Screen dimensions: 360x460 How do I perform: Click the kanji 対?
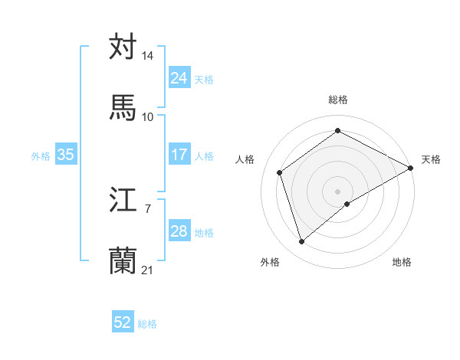pos(123,47)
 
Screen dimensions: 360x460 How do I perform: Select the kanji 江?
pos(123,201)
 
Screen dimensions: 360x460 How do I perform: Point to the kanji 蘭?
pos(123,261)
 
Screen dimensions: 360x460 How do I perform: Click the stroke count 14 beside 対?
pos(148,57)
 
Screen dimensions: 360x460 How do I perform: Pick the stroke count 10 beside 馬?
pos(148,116)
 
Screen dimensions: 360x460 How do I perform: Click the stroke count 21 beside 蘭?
pos(148,270)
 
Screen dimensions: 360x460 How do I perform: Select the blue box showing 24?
pos(179,78)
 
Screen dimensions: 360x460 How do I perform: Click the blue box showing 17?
pos(179,155)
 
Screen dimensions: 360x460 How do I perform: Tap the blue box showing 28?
pos(179,231)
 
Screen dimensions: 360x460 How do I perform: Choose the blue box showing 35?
pos(66,155)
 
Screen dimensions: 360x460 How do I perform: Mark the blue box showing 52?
pos(123,322)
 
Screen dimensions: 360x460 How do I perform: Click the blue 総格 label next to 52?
pos(147,324)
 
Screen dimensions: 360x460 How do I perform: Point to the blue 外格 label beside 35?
pos(41,155)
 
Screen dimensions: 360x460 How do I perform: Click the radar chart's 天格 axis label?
pos(432,159)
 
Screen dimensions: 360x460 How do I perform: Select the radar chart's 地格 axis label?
pos(402,262)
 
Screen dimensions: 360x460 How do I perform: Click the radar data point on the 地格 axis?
pos(347,204)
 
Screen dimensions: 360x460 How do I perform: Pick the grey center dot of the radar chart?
pos(338,191)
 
